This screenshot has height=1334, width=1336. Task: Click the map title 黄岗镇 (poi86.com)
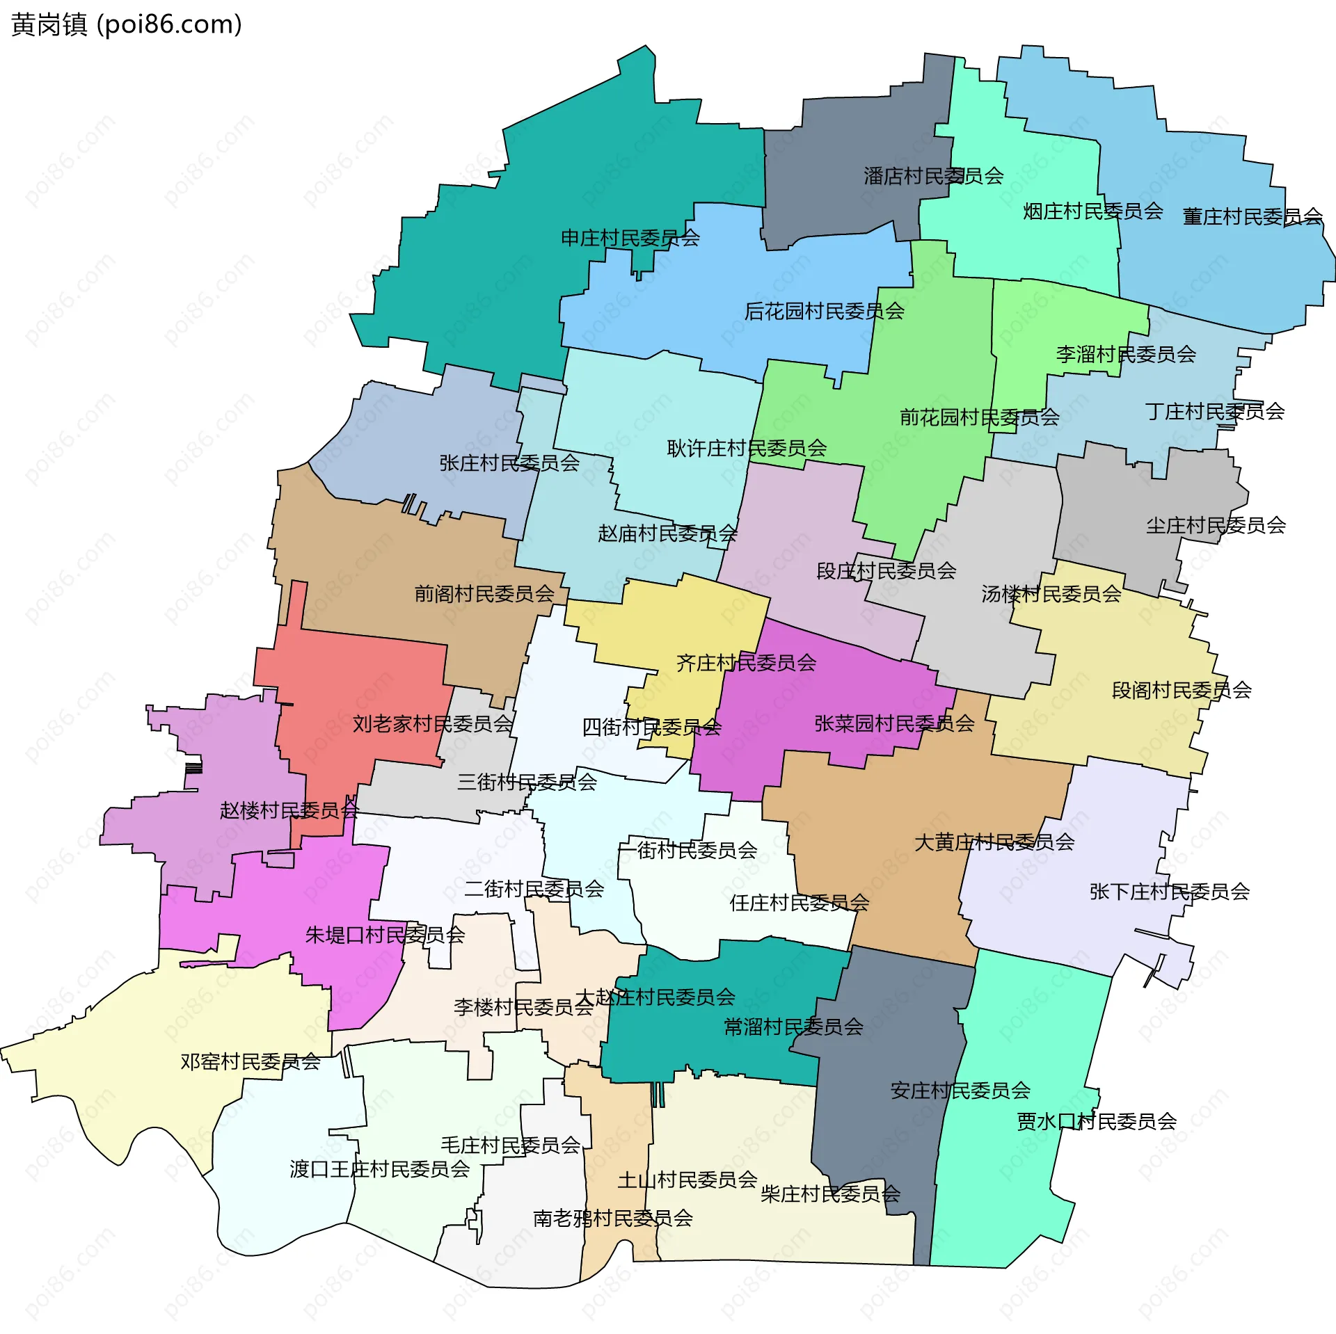127,24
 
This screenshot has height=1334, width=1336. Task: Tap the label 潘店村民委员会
933,176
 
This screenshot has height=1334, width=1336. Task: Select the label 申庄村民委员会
630,238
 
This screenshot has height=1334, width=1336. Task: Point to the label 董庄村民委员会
1252,217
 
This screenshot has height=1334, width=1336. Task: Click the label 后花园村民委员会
824,311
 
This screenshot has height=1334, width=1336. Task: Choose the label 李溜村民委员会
1125,354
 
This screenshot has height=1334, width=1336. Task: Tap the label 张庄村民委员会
509,463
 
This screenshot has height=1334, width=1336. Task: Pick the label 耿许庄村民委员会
747,448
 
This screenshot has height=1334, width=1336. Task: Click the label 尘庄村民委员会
1215,525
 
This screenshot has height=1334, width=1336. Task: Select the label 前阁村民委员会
484,593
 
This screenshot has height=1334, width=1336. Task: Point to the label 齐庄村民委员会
746,662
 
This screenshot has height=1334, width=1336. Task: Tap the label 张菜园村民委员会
894,723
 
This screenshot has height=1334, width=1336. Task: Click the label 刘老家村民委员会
432,724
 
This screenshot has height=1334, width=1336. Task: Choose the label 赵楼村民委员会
289,810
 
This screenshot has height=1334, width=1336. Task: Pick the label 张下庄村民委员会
1169,891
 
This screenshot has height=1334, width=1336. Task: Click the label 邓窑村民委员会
250,1061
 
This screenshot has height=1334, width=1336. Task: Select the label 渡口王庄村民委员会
379,1168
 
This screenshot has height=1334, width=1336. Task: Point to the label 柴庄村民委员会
830,1194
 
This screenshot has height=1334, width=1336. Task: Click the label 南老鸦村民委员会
612,1218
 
